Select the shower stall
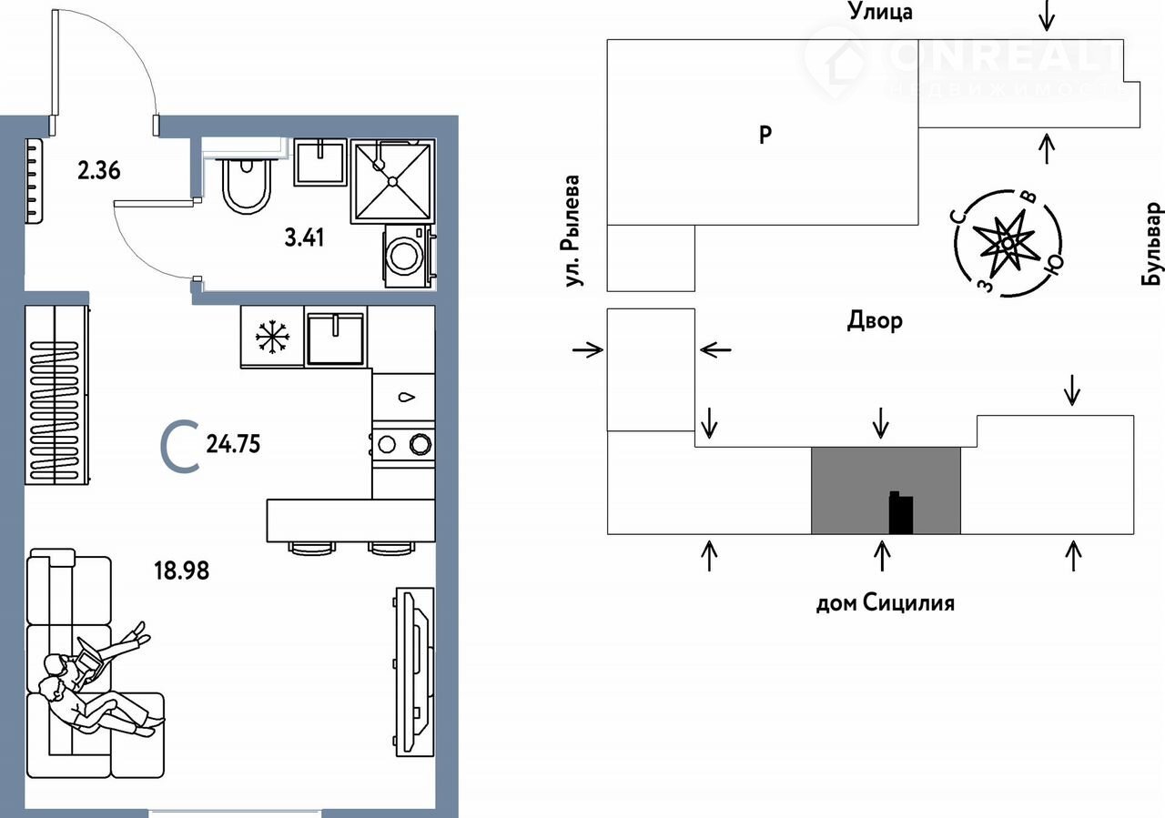click(392, 181)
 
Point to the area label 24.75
click(234, 444)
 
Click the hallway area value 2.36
click(99, 170)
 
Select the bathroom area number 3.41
click(305, 239)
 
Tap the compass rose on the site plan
click(1007, 243)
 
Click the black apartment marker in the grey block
click(899, 513)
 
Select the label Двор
click(875, 320)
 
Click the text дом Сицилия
click(884, 602)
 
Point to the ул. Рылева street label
click(572, 231)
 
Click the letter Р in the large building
click(765, 136)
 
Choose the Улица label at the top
click(880, 12)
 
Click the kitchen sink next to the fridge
click(336, 338)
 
